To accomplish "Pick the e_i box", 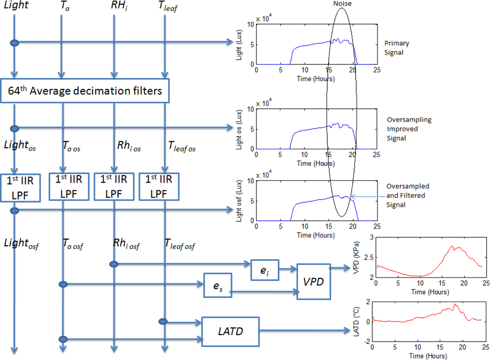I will point(265,271).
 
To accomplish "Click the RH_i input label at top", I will point(114,7).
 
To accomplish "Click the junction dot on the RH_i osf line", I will point(113,264).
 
